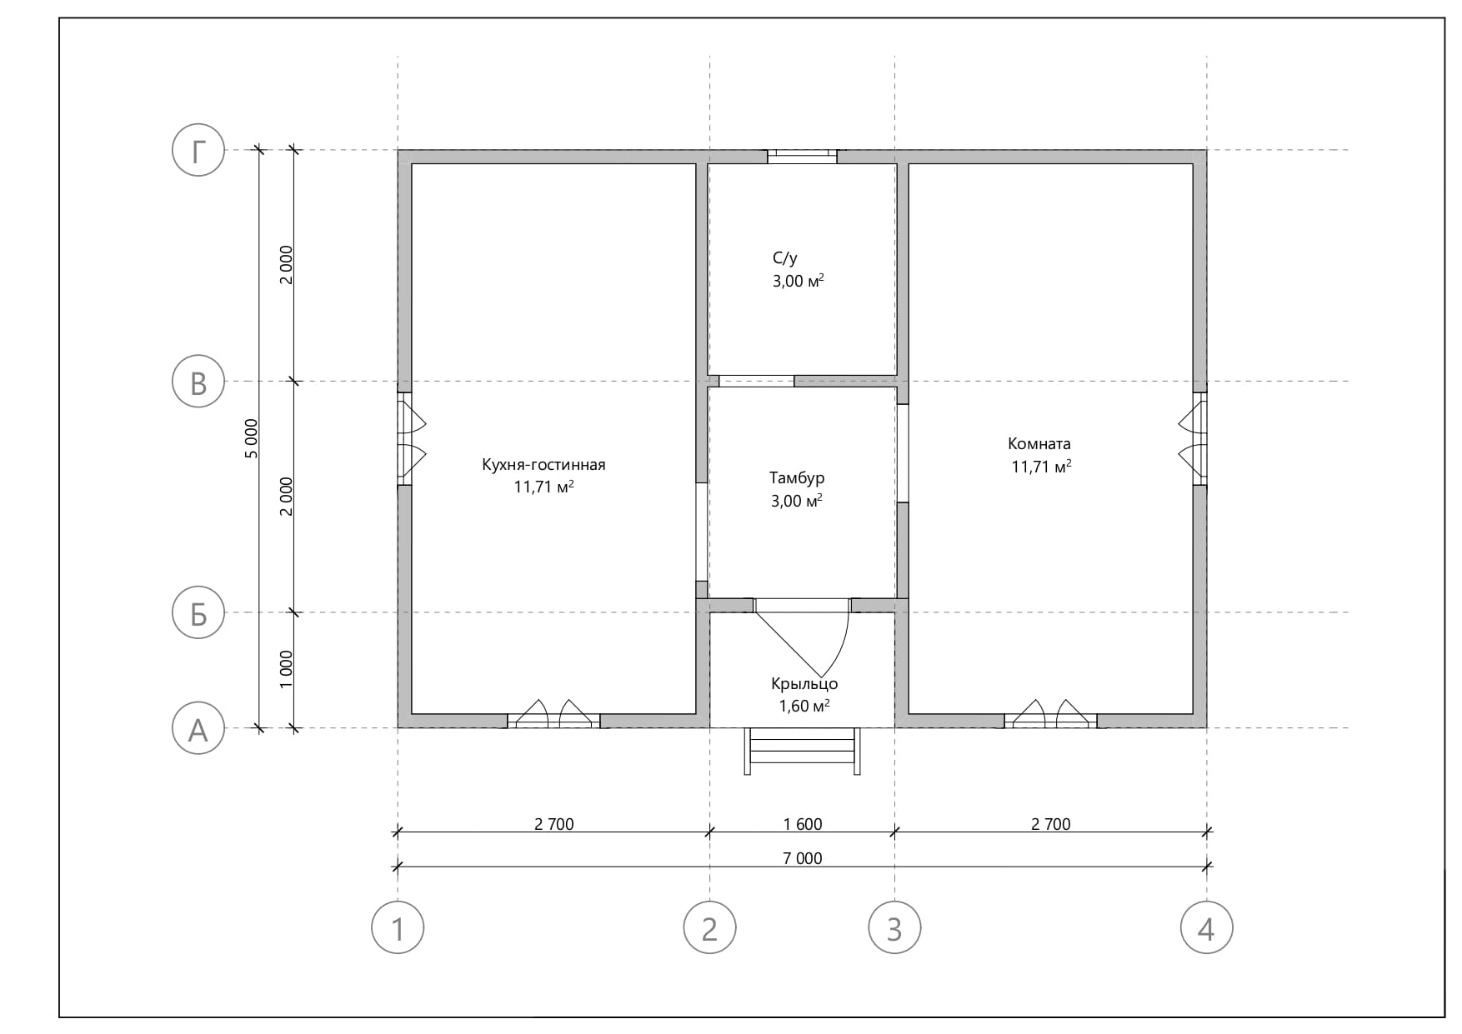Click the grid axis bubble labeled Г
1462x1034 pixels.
click(x=198, y=151)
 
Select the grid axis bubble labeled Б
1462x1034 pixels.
click(x=198, y=612)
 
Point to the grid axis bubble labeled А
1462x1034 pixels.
click(x=198, y=728)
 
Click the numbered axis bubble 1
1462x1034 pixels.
click(x=398, y=927)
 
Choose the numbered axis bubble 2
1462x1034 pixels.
click(x=709, y=927)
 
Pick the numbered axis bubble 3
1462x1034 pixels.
click(x=894, y=927)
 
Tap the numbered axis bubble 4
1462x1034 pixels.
click(x=1206, y=927)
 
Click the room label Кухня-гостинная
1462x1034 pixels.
click(x=543, y=465)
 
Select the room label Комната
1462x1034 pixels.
click(x=1039, y=444)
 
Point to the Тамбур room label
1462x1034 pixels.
click(x=797, y=478)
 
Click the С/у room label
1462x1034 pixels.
click(x=784, y=258)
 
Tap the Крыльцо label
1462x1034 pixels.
click(x=804, y=684)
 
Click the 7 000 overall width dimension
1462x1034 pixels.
click(x=803, y=858)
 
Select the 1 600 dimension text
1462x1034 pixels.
click(x=803, y=824)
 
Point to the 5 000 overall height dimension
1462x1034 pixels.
click(x=252, y=438)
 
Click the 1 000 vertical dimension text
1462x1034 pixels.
click(x=286, y=669)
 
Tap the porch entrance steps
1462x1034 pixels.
click(x=803, y=751)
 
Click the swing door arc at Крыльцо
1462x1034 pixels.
click(x=841, y=646)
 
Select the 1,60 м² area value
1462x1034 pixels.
click(x=804, y=707)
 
